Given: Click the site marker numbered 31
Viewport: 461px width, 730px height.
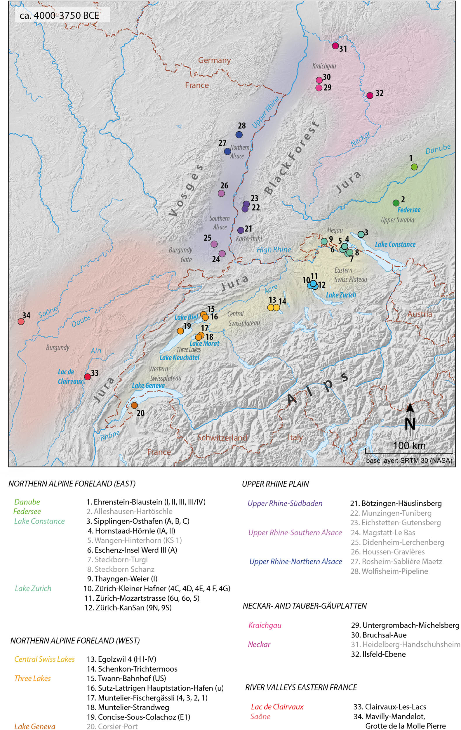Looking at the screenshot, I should coord(335,46).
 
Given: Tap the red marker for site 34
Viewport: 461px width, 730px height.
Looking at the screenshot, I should coord(21,321).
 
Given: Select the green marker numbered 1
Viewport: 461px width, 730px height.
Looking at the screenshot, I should coord(414,167).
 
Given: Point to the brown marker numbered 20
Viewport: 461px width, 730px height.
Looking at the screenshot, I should coord(134,405).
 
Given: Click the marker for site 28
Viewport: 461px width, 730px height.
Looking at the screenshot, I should coord(239,134).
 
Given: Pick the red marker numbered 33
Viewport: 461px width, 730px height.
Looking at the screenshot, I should coord(87,376).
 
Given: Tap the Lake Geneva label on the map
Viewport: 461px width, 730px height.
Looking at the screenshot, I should coord(148,385).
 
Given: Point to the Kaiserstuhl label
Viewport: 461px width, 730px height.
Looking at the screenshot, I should coord(249,239).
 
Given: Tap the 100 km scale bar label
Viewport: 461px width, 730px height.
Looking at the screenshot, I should coord(409,445).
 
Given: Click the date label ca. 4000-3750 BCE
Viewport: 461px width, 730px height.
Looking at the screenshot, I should coord(59,15).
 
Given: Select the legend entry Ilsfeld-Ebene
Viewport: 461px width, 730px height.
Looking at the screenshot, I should coord(378,654).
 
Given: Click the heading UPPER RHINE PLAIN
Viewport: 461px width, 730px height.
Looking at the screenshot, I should coord(275,484).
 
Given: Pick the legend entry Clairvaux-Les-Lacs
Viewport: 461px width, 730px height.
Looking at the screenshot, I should coord(389,707).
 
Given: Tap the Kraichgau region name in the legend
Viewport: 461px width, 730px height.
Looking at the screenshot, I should coord(265,625).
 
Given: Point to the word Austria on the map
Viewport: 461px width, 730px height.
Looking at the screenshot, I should coord(419,314).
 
